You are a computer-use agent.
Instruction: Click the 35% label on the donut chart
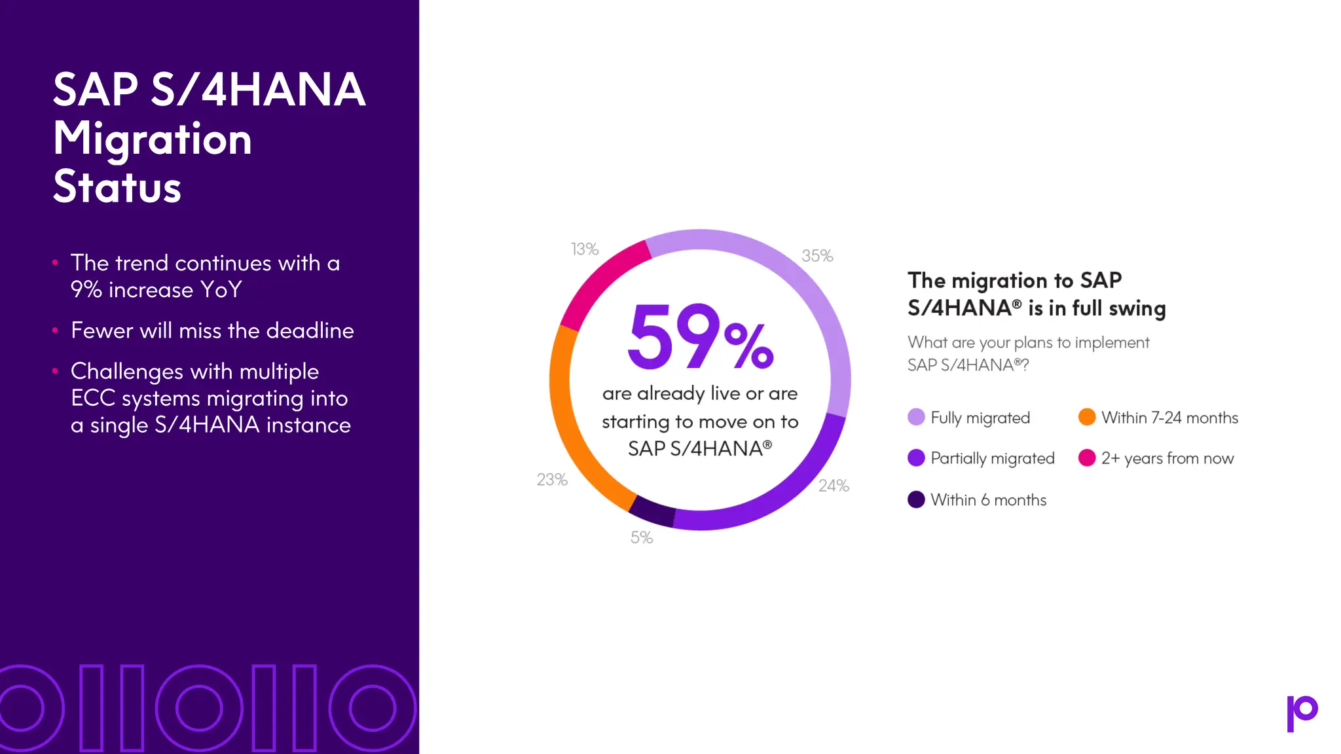point(817,256)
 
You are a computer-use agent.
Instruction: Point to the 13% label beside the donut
point(585,249)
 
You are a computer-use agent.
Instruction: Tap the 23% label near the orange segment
point(552,480)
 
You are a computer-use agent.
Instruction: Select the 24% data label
point(834,486)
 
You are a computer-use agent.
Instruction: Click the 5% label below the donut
point(642,538)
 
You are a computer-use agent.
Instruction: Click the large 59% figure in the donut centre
point(700,337)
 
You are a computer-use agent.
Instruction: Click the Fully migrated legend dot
point(916,417)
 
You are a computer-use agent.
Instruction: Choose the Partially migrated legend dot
point(916,458)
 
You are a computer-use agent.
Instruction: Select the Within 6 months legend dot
point(916,499)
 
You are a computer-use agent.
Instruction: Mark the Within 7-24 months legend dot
point(1087,417)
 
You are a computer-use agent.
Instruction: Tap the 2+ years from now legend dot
point(1087,458)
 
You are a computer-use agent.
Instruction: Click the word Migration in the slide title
point(153,139)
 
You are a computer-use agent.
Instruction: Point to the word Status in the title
point(117,187)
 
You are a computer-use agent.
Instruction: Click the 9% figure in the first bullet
point(86,290)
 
